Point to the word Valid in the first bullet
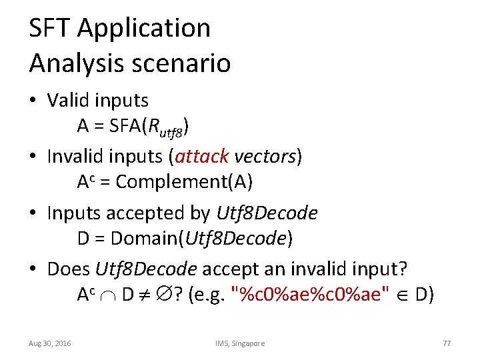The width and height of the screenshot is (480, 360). [68, 101]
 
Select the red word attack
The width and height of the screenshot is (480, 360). [202, 157]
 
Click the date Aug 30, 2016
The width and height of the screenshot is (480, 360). [50, 343]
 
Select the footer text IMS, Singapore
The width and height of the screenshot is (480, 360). [240, 343]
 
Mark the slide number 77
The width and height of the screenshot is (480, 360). [447, 343]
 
